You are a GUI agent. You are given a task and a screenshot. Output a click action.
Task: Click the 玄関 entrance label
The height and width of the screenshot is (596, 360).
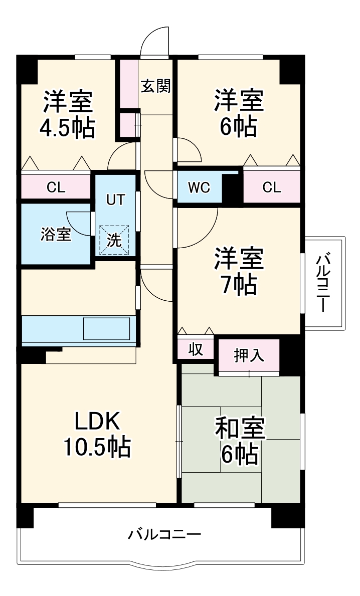[x=155, y=86]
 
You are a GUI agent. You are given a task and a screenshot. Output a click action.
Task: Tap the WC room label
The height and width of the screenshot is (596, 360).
[x=199, y=187]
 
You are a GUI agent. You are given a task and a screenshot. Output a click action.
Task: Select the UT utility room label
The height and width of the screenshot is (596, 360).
[x=115, y=199]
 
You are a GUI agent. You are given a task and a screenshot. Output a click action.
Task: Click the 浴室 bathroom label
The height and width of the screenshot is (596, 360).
[x=56, y=235]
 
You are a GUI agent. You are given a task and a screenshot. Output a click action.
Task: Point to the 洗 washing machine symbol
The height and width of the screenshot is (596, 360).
[x=114, y=240]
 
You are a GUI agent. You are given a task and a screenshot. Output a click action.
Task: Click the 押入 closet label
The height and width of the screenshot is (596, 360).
[x=249, y=355]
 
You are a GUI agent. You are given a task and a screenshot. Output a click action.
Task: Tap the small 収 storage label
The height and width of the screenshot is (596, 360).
[x=195, y=349]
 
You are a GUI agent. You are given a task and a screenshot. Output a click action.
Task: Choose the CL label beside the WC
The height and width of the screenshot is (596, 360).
[x=272, y=187]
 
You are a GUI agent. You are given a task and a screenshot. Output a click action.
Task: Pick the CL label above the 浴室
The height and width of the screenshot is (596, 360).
[x=56, y=187]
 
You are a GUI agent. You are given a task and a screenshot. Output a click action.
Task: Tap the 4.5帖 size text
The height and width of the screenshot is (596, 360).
[x=67, y=128]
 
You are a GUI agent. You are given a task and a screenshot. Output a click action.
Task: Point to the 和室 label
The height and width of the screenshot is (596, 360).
[x=239, y=429]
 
